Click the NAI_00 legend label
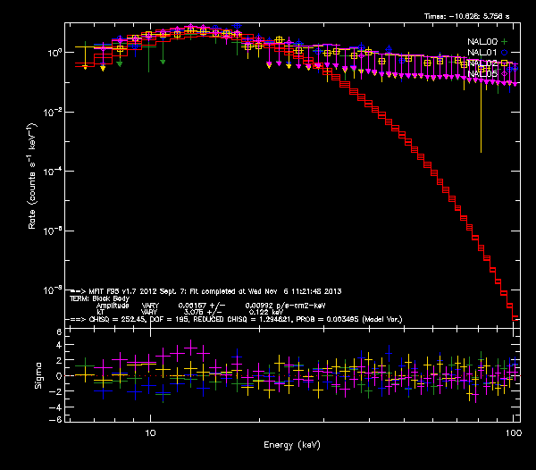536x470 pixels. coord(482,41)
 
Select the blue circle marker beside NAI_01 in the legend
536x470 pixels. coord(503,52)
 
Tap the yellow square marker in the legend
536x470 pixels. coord(503,63)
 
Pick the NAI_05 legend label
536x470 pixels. coord(482,73)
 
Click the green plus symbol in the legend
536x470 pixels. coord(503,41)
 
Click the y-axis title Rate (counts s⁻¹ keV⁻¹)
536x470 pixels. coord(33,178)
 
